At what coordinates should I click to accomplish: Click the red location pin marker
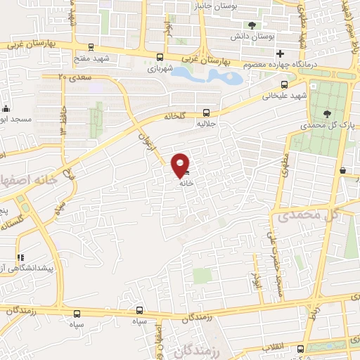pos(181,165)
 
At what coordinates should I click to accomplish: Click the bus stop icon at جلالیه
pos(206,112)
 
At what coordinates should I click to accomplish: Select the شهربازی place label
pos(160,70)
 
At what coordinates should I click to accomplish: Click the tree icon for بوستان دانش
pos(252,25)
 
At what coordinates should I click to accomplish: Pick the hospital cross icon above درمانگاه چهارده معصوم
pos(280,53)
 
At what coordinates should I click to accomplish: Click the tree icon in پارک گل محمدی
pos(327,113)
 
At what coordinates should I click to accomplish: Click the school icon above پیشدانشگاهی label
pos(20,258)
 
